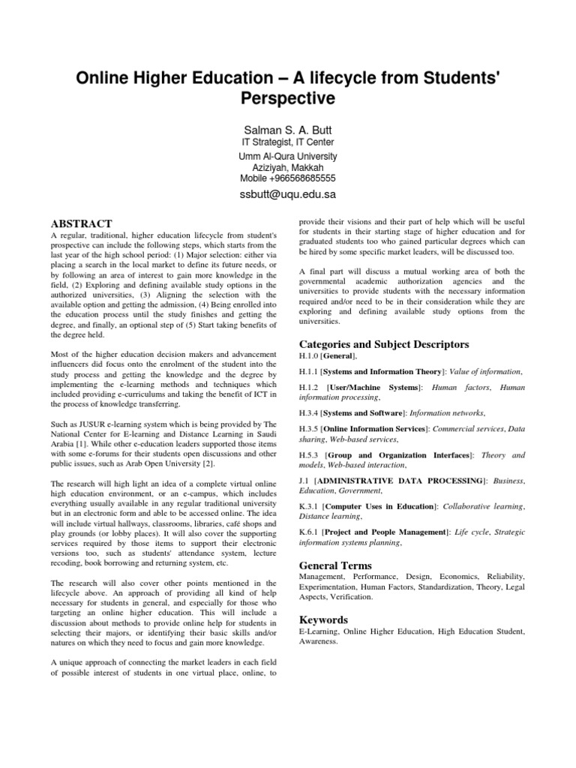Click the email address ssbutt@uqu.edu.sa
[x=288, y=193]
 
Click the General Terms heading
[x=335, y=565]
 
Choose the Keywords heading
[x=323, y=619]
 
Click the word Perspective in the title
[x=288, y=98]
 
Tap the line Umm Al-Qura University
[x=288, y=156]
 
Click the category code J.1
[x=304, y=479]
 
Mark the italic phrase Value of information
[x=492, y=371]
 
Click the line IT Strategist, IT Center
[x=288, y=142]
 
